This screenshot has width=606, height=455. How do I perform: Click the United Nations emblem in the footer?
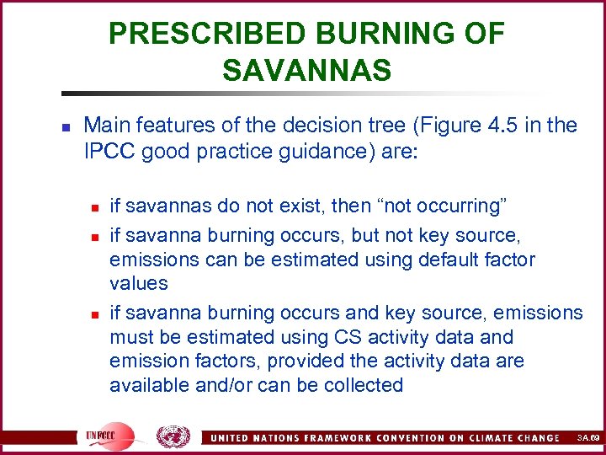tap(173, 436)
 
